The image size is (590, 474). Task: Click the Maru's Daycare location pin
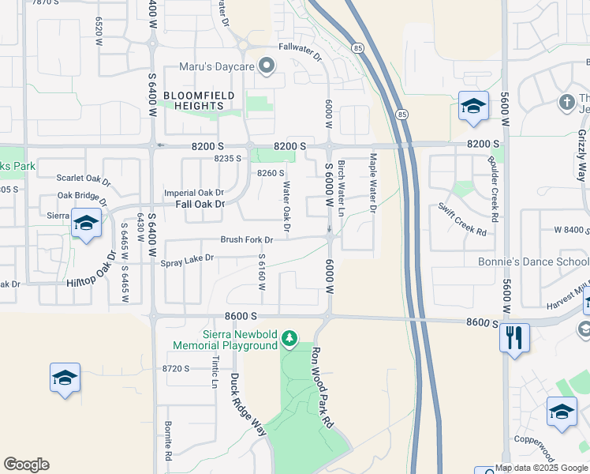(x=266, y=67)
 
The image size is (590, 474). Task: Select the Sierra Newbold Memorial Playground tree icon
(x=289, y=339)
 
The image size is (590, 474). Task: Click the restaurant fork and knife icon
(x=514, y=338)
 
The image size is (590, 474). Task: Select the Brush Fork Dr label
(x=246, y=239)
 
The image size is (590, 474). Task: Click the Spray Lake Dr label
(x=187, y=258)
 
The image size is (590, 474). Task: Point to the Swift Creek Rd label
(x=463, y=219)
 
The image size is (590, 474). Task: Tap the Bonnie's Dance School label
(x=533, y=261)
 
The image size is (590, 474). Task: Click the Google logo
(x=26, y=465)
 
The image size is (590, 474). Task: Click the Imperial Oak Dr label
(x=194, y=193)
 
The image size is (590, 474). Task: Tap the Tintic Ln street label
(x=215, y=371)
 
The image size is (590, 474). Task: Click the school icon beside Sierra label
(x=85, y=224)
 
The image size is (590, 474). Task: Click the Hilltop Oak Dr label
(x=93, y=269)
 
